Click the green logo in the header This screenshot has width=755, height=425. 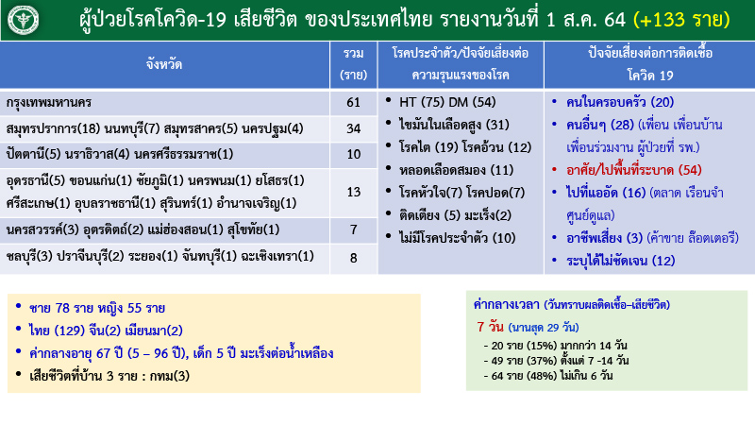pos(25,19)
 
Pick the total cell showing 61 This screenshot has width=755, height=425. pos(354,102)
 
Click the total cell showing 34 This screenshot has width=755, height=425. pos(354,128)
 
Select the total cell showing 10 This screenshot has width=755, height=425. pos(354,154)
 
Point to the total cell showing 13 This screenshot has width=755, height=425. pos(354,193)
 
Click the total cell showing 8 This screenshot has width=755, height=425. pos(354,257)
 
